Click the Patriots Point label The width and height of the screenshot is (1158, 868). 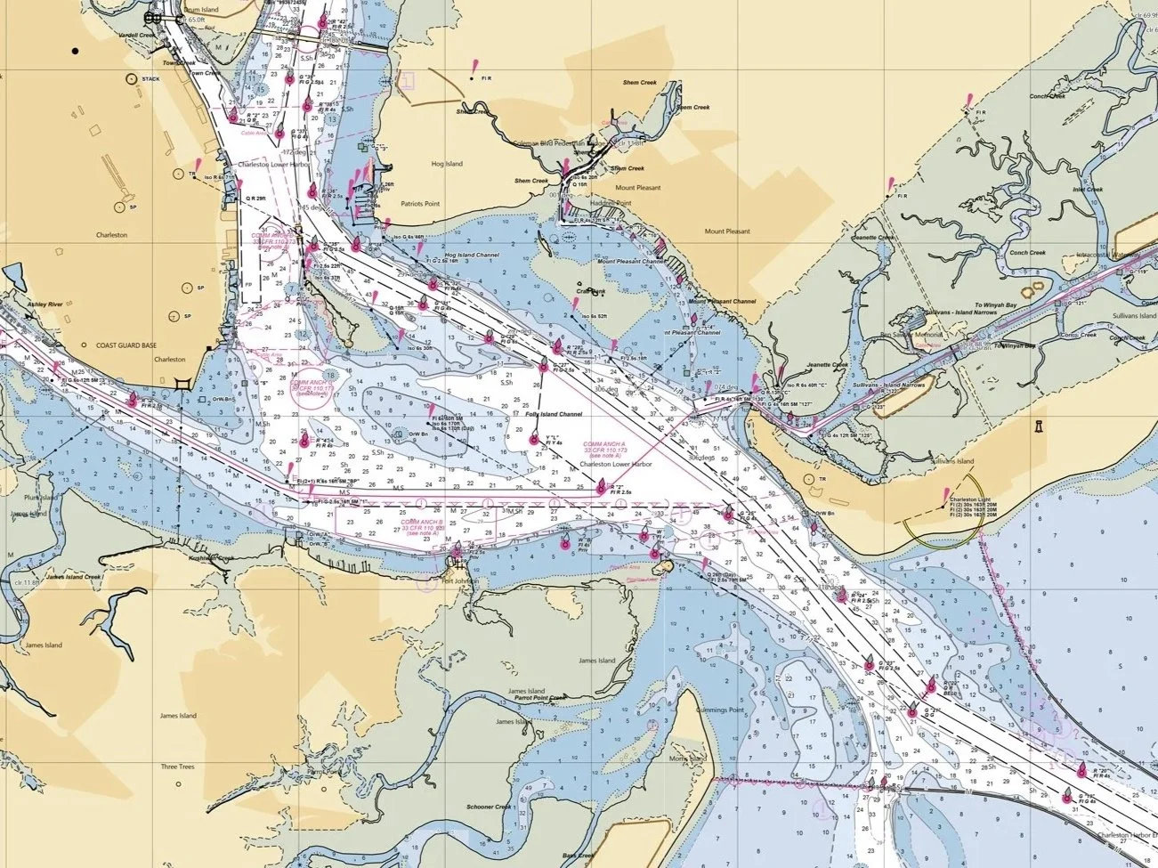pos(420,204)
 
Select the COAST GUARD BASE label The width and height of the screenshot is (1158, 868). pos(126,345)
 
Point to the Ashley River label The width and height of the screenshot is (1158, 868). pos(48,304)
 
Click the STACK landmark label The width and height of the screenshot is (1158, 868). pos(150,78)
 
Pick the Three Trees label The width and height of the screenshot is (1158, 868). pos(177,767)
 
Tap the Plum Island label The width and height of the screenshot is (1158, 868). pos(41,498)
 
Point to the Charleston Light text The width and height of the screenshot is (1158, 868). pos(970,499)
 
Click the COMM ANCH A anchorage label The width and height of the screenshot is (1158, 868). pos(604,443)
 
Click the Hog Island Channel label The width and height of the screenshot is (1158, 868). pos(472,256)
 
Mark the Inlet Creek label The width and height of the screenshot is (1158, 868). pos(1088,190)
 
